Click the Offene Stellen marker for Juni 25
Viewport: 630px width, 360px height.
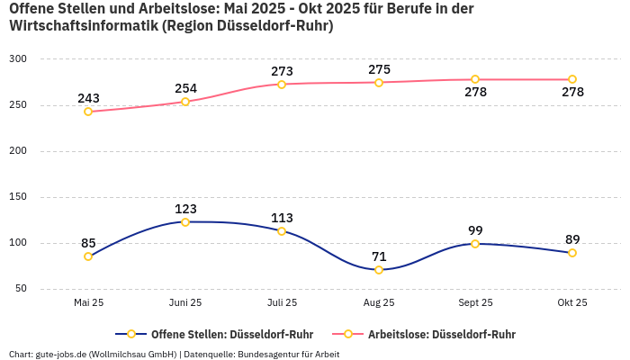coord(185,222)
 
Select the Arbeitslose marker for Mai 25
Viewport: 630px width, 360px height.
coord(88,112)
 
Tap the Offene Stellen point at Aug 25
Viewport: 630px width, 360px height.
coord(379,270)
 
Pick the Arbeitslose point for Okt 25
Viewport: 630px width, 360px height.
coord(572,79)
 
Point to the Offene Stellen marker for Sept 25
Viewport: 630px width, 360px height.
coord(475,244)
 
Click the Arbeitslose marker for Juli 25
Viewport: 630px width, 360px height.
coord(282,85)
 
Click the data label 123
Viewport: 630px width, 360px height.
coord(185,209)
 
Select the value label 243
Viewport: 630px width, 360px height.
coord(88,98)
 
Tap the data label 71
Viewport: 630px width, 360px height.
coord(379,256)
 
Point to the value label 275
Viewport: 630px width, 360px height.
coord(379,69)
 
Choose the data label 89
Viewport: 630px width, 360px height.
coord(572,239)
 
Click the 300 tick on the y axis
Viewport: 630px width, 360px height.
coord(19,59)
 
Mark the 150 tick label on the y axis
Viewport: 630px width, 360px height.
coord(19,197)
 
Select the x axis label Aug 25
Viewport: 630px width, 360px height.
coord(379,303)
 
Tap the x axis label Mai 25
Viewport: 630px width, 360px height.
coord(88,303)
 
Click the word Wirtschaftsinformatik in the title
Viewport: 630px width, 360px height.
coord(83,26)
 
